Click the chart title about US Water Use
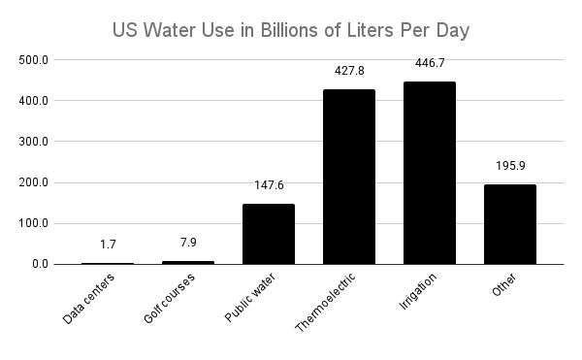click(x=291, y=30)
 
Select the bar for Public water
click(x=269, y=234)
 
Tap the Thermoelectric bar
click(x=349, y=177)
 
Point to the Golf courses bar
click(x=188, y=262)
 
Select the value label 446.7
click(x=430, y=62)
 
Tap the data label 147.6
click(x=269, y=184)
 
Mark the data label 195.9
click(x=510, y=165)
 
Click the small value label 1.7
click(x=108, y=244)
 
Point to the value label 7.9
click(x=188, y=242)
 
